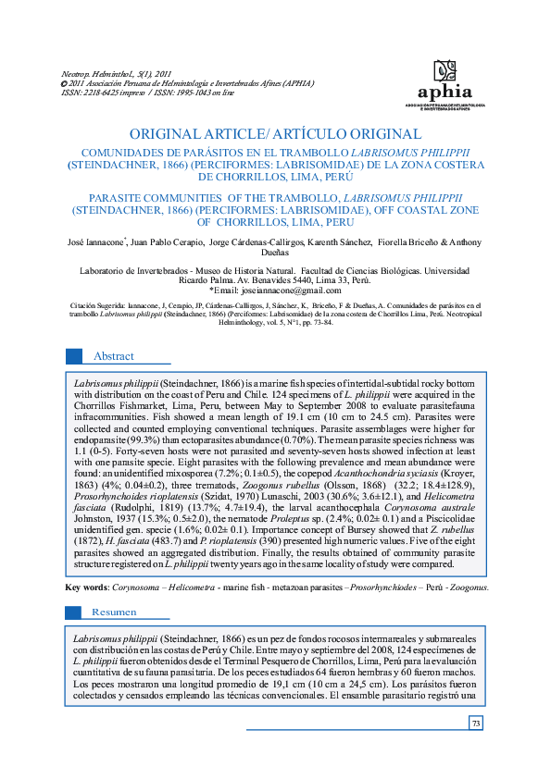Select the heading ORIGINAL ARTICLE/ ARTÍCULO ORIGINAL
275,134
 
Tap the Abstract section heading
113,356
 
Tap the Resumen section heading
114,612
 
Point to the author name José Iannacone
96,243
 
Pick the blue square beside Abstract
75,356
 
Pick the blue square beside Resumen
75,612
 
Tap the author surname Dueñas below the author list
274,254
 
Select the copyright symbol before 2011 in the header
64,82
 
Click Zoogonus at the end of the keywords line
470,587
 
